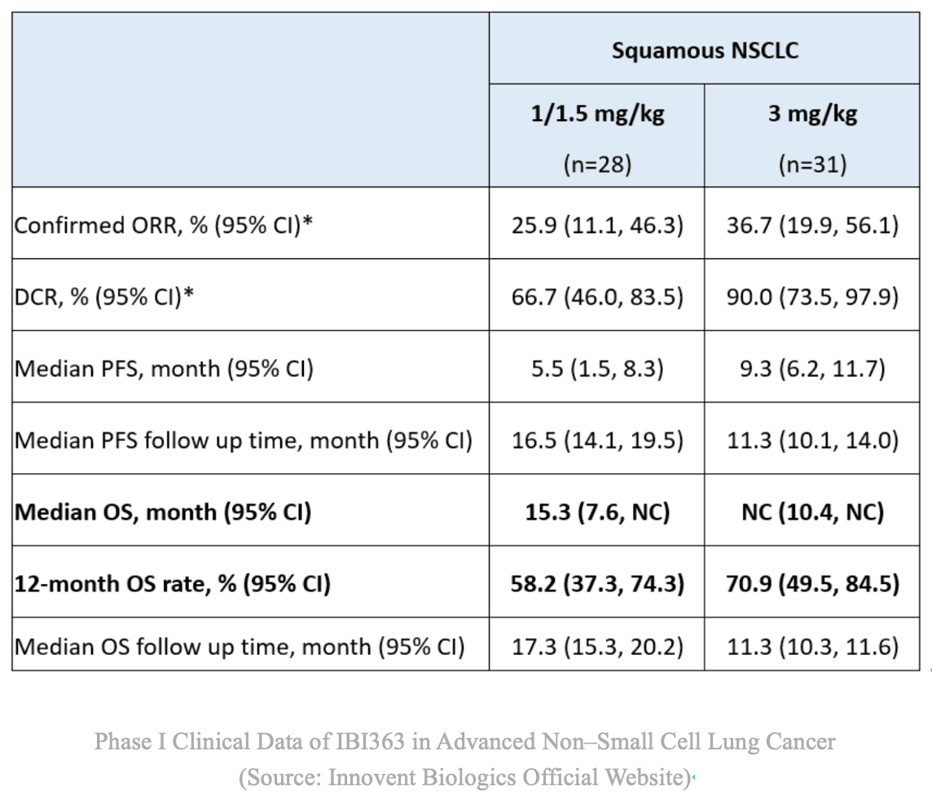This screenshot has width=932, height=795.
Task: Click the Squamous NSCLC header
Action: point(705,51)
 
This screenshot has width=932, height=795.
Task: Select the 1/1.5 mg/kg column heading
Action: point(597,113)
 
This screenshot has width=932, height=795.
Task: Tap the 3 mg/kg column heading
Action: point(812,113)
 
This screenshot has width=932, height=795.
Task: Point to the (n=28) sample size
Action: point(597,165)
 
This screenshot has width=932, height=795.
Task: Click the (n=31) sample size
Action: point(812,165)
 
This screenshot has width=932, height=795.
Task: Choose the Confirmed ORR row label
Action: point(164,225)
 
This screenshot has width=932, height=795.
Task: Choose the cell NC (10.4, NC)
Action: point(812,512)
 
